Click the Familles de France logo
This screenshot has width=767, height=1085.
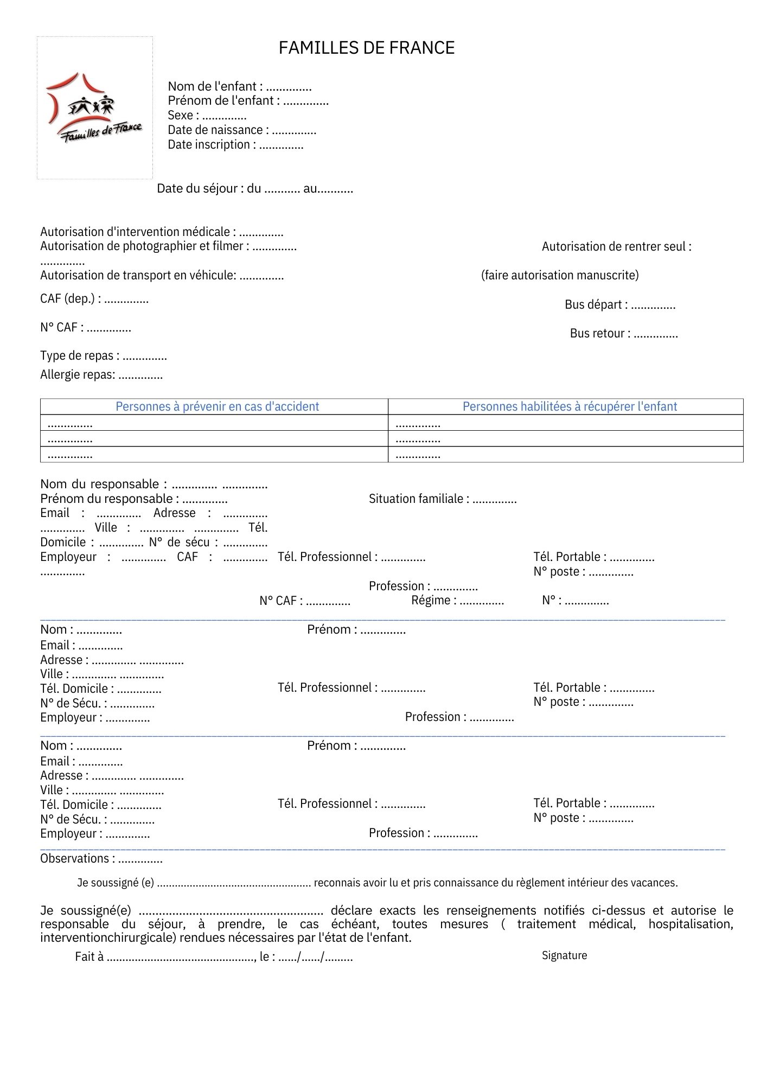click(x=95, y=108)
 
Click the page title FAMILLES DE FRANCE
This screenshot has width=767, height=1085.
click(x=367, y=48)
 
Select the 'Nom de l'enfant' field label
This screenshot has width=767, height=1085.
click(x=215, y=86)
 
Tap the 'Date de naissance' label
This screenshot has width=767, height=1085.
click(x=215, y=130)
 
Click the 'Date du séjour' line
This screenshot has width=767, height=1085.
click(x=255, y=189)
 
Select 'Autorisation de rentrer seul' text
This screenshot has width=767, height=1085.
click(x=616, y=247)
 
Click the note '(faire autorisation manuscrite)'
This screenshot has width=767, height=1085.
click(x=560, y=276)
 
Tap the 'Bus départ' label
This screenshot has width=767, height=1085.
click(x=596, y=305)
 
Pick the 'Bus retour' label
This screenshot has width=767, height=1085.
click(x=600, y=334)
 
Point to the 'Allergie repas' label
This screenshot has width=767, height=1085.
click(x=78, y=375)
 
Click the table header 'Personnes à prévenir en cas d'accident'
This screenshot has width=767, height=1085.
click(x=217, y=407)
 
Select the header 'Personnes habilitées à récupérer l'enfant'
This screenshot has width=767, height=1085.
click(x=570, y=407)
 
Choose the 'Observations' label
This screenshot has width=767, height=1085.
click(x=78, y=859)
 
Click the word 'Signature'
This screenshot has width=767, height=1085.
click(x=564, y=956)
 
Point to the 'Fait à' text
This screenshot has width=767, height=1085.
click(x=89, y=957)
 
